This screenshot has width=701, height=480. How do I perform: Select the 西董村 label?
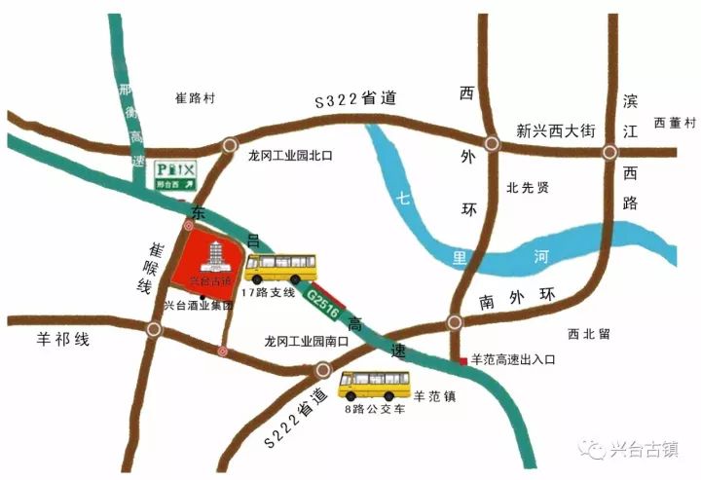pos(676,123)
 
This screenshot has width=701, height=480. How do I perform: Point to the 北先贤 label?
pos(529,188)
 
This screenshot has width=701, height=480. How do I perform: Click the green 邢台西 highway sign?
pos(175,175)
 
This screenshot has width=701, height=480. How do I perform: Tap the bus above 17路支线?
pos(280,268)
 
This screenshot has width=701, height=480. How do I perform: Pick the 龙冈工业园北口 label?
pos(290,155)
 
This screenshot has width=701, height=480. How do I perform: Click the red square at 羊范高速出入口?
pos(462,361)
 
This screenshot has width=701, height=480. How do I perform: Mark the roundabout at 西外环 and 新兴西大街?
pos(493,144)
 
